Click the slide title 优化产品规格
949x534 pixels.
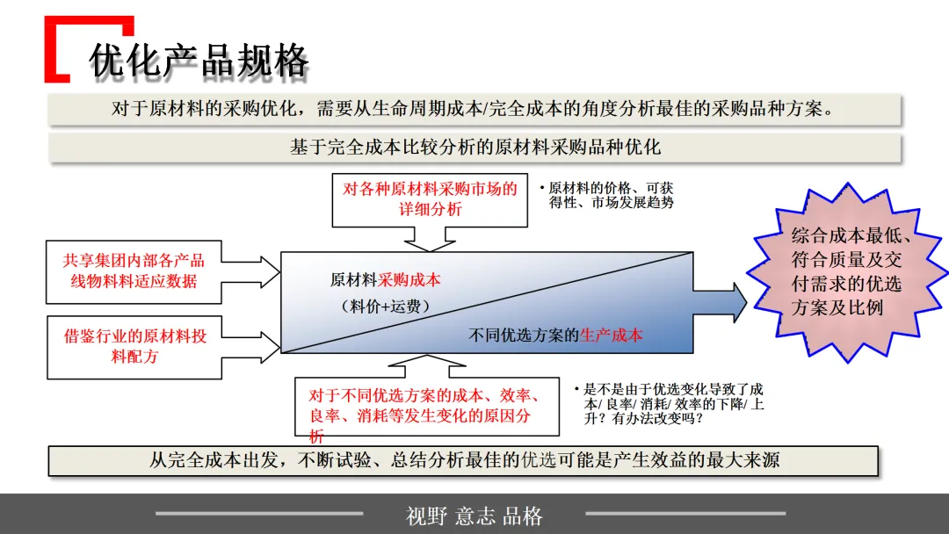coord(199,61)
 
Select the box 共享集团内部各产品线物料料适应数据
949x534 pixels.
coord(134,271)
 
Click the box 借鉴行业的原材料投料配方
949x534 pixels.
coord(134,347)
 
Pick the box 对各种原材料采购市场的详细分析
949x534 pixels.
coord(428,199)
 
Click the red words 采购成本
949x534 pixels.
coord(409,280)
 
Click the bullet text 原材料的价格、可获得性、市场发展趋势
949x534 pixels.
coord(606,195)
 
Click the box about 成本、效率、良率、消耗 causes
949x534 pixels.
coord(427,406)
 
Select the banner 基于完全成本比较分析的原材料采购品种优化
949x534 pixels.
coord(474,148)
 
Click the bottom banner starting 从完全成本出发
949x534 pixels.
coord(463,460)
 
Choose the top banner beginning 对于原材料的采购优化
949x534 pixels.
coord(474,110)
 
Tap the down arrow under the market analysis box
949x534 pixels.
coord(429,239)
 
